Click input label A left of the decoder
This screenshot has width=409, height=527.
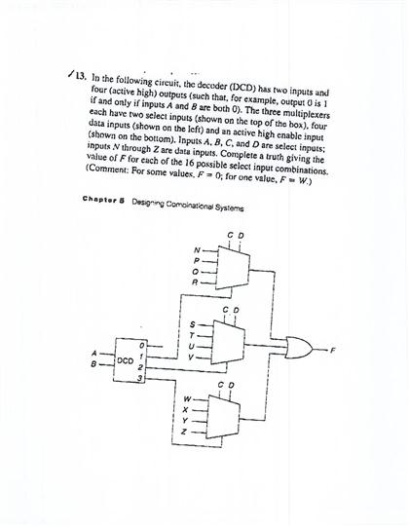[94, 353]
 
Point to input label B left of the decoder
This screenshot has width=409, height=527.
[94, 366]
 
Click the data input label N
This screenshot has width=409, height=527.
[197, 249]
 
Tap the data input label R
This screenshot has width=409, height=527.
[197, 282]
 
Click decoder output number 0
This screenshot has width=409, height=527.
[142, 343]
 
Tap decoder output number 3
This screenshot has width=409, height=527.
[142, 377]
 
